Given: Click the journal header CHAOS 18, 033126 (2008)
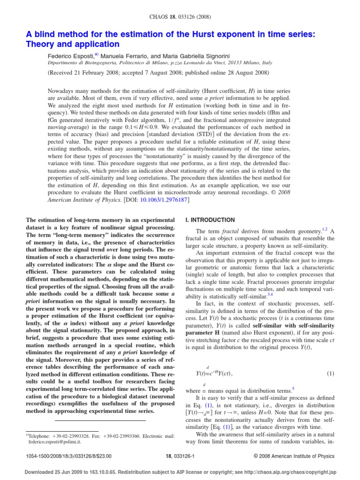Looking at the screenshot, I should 180,17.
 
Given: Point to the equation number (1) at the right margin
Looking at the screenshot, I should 330,374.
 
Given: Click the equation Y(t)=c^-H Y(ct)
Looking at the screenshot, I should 213,374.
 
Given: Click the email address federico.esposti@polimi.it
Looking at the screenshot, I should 51,441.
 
